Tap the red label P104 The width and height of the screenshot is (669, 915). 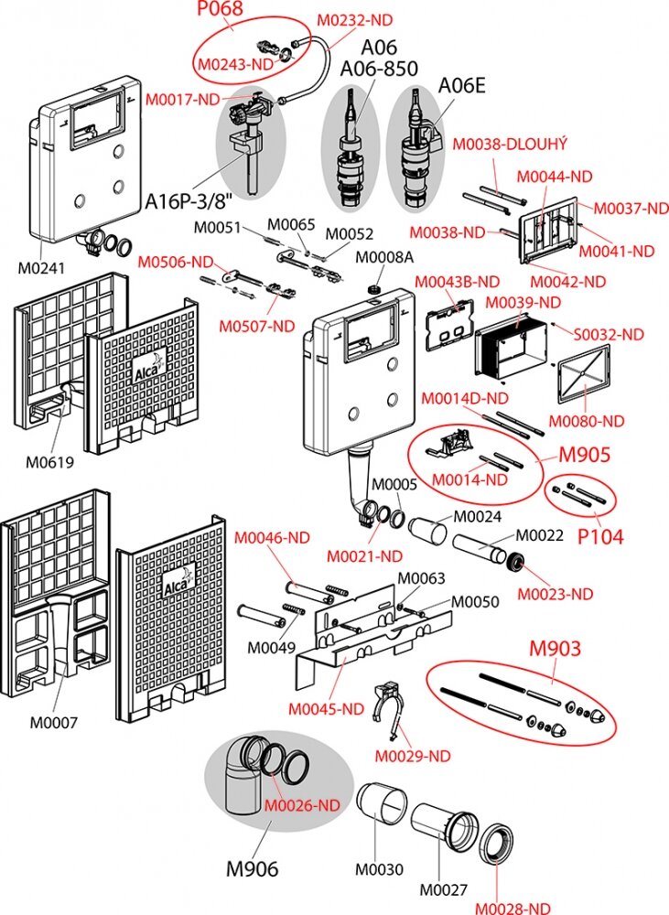pos(599,536)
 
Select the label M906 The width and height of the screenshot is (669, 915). pos(253,868)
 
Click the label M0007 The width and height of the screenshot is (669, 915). pos(53,723)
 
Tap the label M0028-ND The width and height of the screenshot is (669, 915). pos(513,906)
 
